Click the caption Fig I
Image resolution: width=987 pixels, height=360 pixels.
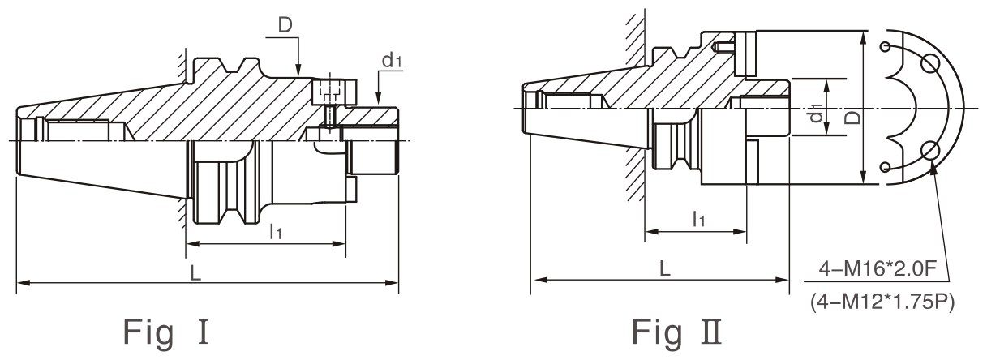click(x=165, y=332)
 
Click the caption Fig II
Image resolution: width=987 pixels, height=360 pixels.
click(x=677, y=332)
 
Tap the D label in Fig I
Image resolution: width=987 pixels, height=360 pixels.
click(x=285, y=25)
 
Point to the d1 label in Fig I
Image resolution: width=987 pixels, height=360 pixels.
click(x=392, y=60)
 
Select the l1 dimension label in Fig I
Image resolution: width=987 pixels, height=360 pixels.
click(x=276, y=231)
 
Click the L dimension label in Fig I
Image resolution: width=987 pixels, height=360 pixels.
click(x=195, y=273)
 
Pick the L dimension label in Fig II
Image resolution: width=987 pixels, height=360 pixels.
click(x=664, y=268)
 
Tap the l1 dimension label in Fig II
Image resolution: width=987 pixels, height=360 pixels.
click(x=699, y=219)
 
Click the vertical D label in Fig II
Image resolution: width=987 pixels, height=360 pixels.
click(x=854, y=118)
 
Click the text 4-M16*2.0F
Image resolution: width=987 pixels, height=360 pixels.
click(x=877, y=268)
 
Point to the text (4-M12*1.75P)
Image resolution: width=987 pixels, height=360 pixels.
click(x=882, y=302)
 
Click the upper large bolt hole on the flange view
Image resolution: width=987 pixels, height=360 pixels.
click(x=929, y=65)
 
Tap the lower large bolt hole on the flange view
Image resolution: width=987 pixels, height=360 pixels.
click(x=929, y=151)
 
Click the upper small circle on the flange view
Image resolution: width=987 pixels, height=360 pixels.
click(x=884, y=46)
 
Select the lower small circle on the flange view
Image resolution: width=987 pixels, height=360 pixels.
click(x=884, y=166)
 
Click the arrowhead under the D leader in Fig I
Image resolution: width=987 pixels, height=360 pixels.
click(x=298, y=70)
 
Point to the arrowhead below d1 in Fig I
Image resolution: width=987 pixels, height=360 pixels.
click(x=378, y=97)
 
